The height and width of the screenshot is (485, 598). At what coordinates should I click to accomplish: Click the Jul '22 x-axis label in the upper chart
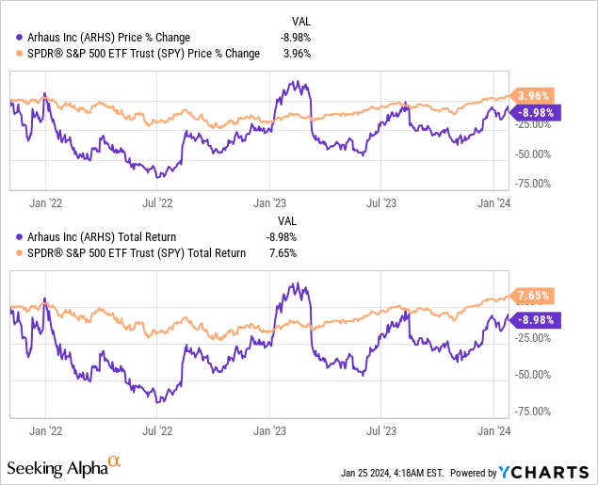coord(156,202)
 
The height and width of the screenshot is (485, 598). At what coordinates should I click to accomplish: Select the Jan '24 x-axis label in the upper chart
coord(498,202)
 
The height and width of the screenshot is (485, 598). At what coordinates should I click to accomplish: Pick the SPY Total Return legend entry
coord(132,252)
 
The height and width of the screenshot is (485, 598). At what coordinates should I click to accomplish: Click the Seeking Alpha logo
coord(64,467)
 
